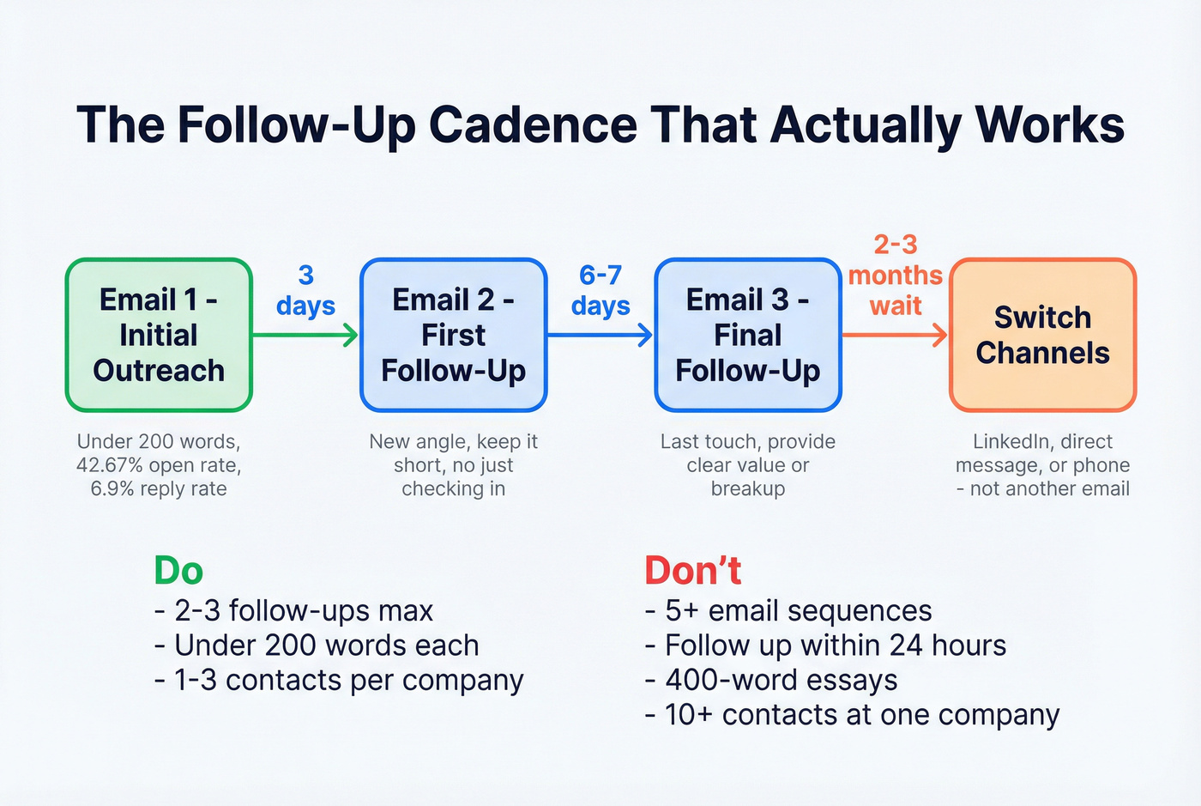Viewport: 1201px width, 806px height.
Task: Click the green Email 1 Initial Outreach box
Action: click(x=159, y=335)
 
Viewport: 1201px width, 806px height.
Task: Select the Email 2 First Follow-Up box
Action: click(x=453, y=335)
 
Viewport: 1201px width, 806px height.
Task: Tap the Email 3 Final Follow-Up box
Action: click(x=747, y=335)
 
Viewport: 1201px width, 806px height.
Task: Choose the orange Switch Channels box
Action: click(x=1042, y=335)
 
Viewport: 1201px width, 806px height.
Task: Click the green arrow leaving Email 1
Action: click(x=305, y=335)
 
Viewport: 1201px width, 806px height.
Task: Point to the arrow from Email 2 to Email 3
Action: click(x=600, y=335)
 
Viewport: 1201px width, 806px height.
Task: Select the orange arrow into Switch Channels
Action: click(x=895, y=335)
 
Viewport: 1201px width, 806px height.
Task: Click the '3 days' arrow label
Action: click(x=305, y=290)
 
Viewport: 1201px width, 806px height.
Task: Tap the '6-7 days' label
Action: click(x=600, y=290)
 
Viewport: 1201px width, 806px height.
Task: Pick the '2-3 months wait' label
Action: click(x=895, y=275)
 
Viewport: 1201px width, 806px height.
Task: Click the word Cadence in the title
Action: click(x=532, y=124)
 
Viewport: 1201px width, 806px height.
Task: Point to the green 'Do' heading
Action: click(x=178, y=571)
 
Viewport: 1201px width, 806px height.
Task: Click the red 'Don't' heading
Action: click(x=692, y=571)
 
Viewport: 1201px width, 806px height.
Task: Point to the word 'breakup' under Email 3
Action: click(x=747, y=488)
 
